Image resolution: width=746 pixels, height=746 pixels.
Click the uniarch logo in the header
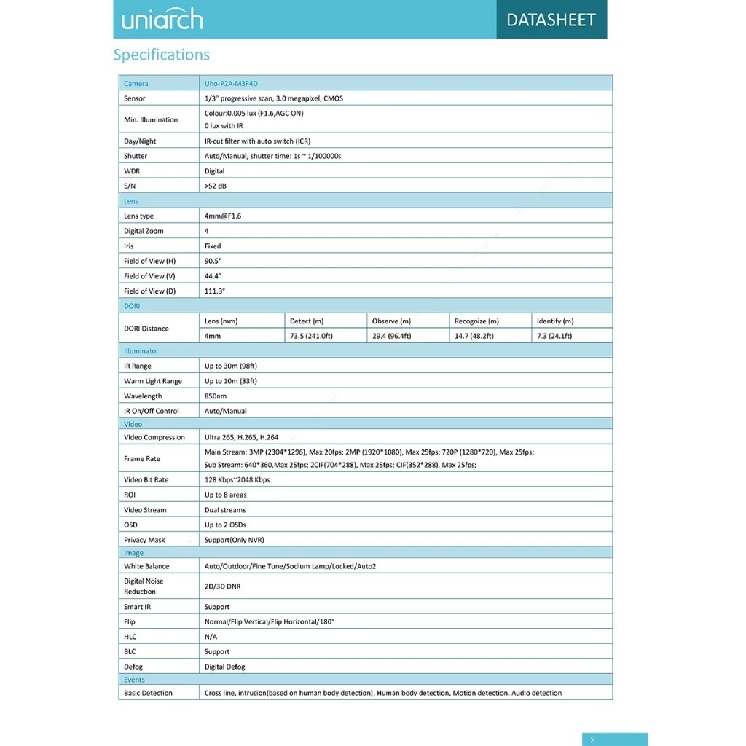point(162,20)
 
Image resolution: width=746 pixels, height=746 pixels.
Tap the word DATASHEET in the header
point(551,20)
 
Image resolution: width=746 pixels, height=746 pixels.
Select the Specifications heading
point(161,55)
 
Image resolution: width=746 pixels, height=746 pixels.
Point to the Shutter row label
point(136,156)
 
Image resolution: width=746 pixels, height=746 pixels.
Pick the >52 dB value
point(216,186)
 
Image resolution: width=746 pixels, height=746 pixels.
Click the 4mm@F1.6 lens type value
point(223,216)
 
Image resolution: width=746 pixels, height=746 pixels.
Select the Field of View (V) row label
point(149,276)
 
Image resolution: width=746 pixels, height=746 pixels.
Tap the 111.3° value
point(215,291)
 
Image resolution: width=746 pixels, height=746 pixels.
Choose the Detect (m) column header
point(307,321)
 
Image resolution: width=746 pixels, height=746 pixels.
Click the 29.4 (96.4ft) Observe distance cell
point(391,336)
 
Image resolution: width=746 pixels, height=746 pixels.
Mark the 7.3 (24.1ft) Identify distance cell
point(554,336)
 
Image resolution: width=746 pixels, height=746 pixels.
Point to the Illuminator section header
point(141,351)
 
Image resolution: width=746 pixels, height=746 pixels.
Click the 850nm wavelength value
point(216,396)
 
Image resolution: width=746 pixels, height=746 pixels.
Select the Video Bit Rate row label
point(146,479)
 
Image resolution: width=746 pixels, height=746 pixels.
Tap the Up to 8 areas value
point(225,495)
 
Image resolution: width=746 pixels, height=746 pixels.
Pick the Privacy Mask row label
point(144,540)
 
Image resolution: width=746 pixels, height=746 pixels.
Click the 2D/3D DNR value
point(222,586)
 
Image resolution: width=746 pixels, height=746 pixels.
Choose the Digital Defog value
point(224,667)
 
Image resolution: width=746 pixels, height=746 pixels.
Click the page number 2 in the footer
point(592,739)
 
